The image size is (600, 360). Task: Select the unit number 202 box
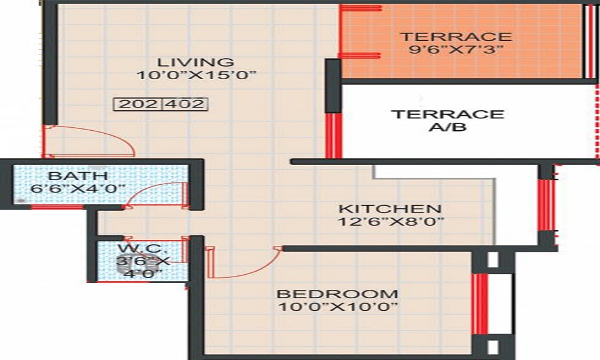click(137, 104)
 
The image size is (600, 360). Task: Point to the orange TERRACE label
click(456, 37)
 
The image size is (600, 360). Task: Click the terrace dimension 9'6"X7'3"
click(456, 50)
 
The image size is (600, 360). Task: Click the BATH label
click(78, 176)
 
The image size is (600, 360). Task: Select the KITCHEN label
click(390, 209)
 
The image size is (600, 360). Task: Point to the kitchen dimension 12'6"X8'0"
click(390, 222)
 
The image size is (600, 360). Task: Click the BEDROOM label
click(337, 294)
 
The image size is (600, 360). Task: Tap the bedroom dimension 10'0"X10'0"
click(337, 307)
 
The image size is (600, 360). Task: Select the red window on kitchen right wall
click(545, 205)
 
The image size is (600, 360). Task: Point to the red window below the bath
click(57, 207)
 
